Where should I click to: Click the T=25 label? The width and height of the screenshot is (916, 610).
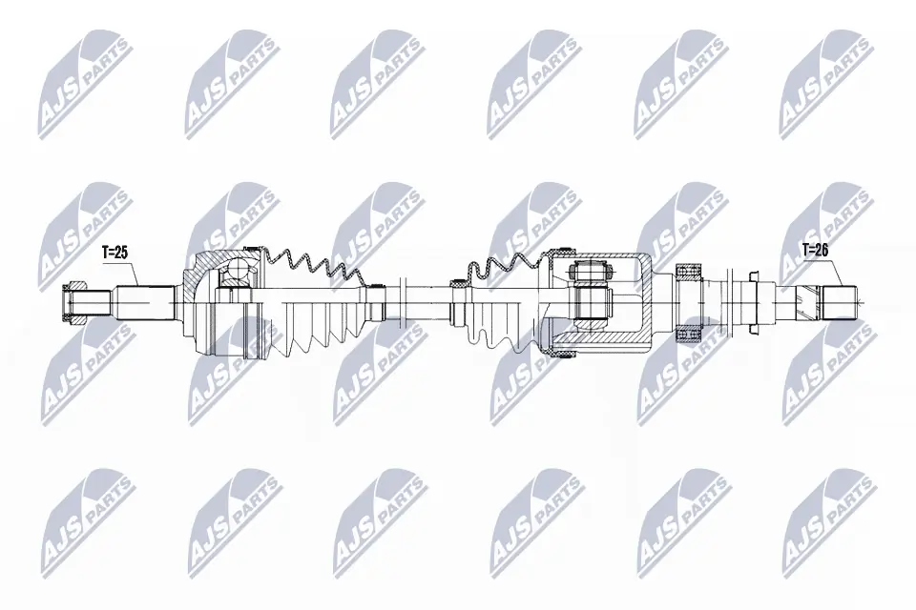pos(115,253)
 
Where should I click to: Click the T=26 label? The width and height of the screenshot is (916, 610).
pos(815,251)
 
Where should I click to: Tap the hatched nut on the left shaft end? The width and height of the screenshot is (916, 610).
pos(75,303)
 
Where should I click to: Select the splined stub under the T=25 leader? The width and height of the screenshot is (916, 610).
pos(143,303)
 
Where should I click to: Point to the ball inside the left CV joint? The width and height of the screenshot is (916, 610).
pos(233,275)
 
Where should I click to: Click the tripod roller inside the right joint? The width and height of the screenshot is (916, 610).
pos(593,299)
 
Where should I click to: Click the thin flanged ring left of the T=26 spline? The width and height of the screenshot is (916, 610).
pos(754,301)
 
